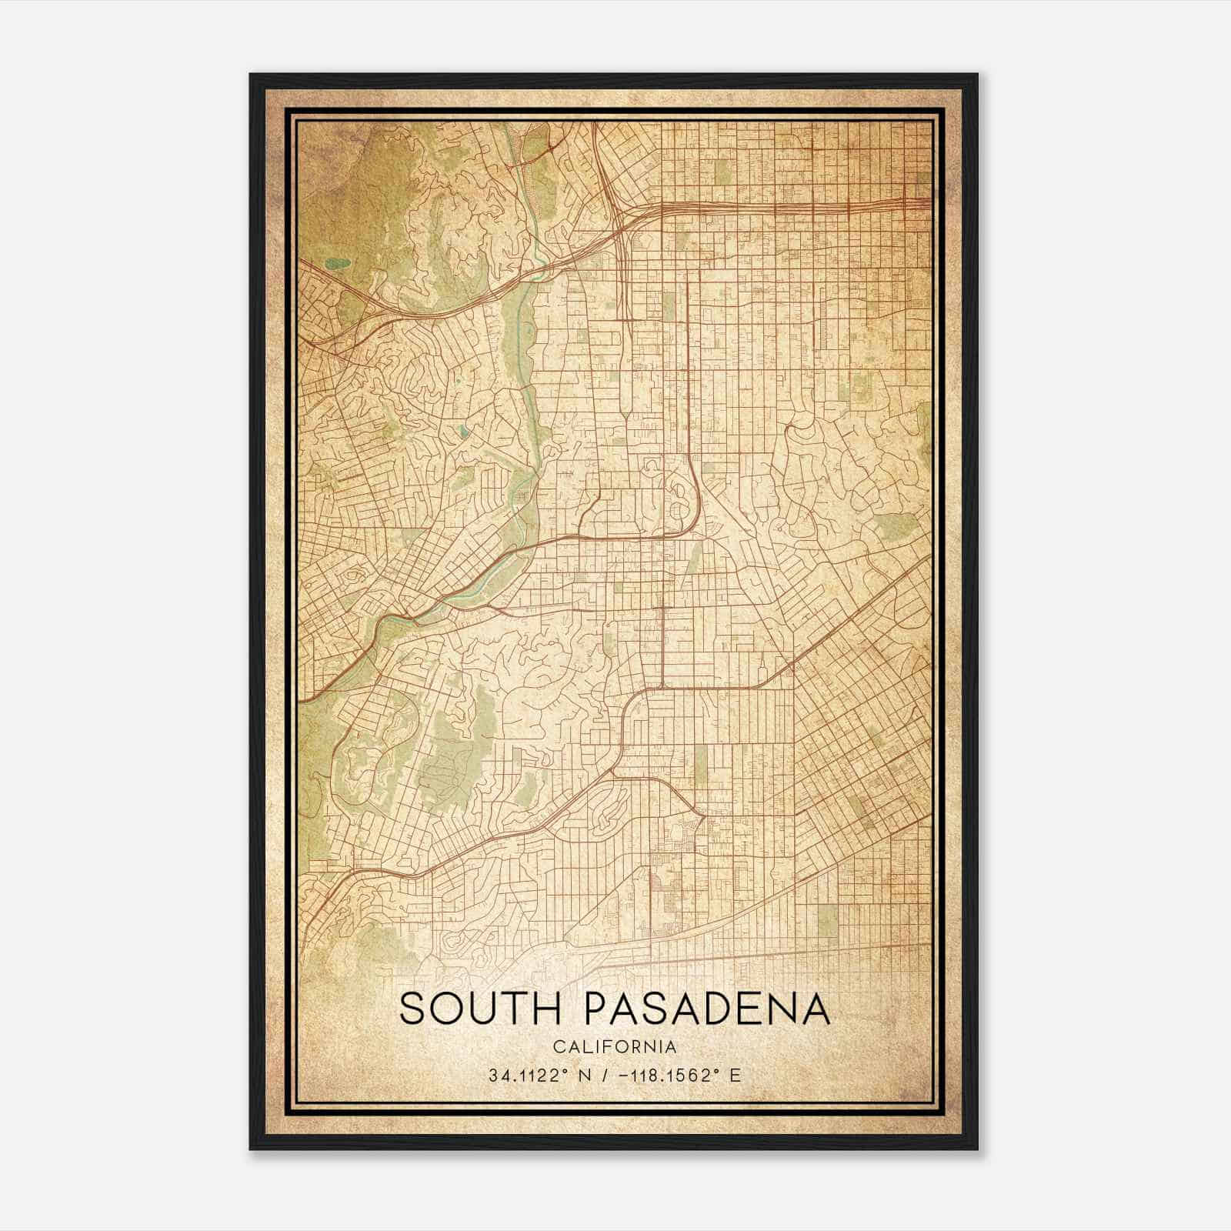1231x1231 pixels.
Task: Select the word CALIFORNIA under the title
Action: [x=615, y=1047]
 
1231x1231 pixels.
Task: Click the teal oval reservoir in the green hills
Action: [x=337, y=263]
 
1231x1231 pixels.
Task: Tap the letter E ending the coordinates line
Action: [x=736, y=1076]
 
